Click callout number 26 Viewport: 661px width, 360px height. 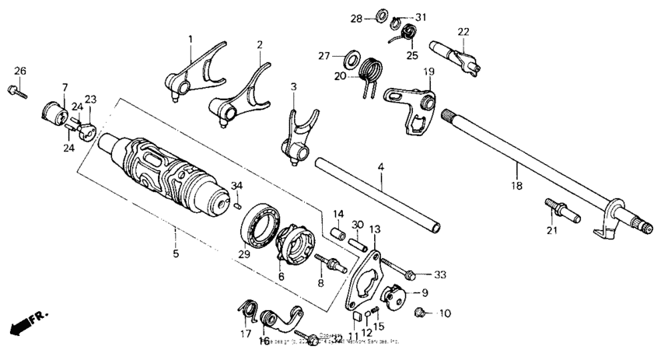point(19,72)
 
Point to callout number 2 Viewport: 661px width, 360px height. point(260,44)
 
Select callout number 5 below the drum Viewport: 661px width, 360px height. point(175,254)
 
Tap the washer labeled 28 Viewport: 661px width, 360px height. point(383,15)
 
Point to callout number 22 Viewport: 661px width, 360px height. point(463,32)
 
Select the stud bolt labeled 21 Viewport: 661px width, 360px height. point(554,210)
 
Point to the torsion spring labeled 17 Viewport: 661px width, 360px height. point(247,313)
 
